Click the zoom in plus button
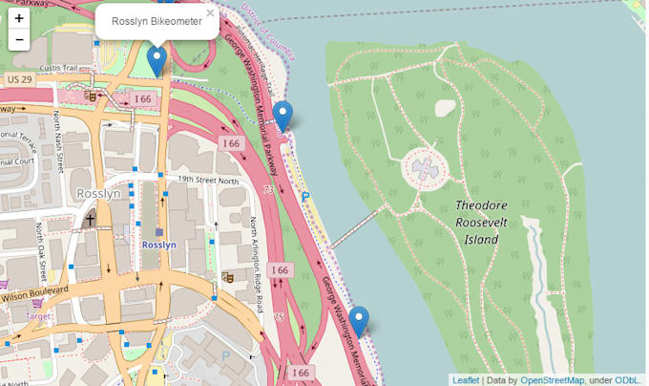point(19,18)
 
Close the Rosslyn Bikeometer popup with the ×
point(211,13)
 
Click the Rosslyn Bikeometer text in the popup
point(157,21)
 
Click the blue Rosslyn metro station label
point(158,245)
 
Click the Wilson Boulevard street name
point(34,292)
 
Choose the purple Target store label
point(37,314)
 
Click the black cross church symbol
point(90,220)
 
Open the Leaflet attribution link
point(466,379)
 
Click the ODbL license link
point(631,379)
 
